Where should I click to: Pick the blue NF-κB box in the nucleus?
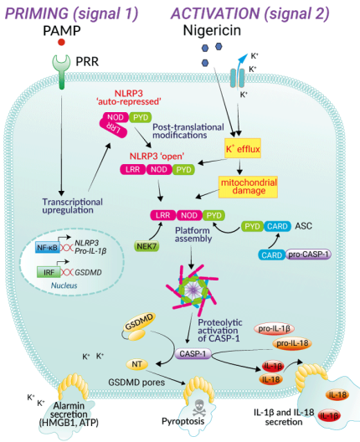click(x=46, y=248)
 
